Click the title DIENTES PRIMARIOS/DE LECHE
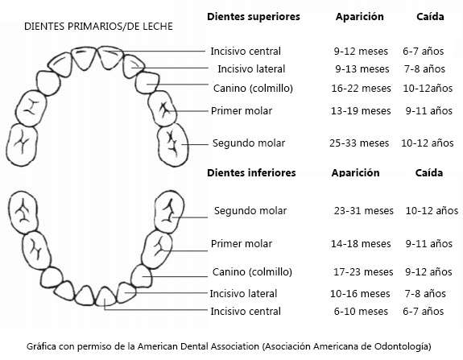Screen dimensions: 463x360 [x=98, y=27]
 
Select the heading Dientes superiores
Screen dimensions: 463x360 [x=254, y=17]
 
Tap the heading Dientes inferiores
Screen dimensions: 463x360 [x=251, y=173]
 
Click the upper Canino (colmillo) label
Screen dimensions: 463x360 [x=253, y=89]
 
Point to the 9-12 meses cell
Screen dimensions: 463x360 [x=361, y=52]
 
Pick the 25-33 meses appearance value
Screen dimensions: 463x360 [x=359, y=143]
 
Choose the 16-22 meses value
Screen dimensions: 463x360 [x=361, y=89]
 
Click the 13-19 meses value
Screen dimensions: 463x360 [x=361, y=111]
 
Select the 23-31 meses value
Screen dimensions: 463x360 [x=364, y=211]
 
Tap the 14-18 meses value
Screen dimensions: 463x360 [x=361, y=244]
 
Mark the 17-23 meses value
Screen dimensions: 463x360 [x=363, y=272]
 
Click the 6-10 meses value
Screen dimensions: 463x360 [x=361, y=312]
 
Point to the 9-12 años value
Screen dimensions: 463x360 [x=428, y=272]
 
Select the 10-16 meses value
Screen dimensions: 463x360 [x=360, y=294]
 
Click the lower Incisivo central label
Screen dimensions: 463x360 [x=246, y=312]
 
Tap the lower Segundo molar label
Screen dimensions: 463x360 [x=250, y=211]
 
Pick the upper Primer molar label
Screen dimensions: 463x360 [x=242, y=111]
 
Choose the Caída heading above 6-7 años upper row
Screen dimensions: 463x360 [x=430, y=17]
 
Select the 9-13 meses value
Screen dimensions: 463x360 [x=362, y=69]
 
